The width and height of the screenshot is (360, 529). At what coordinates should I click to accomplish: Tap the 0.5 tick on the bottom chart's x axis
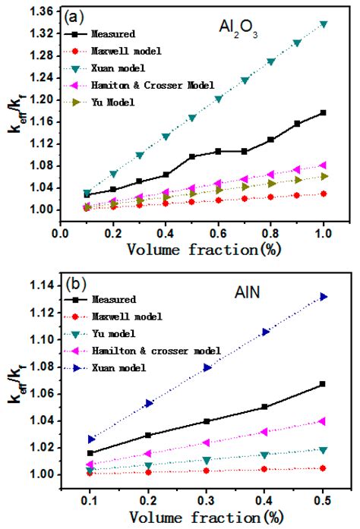(324, 498)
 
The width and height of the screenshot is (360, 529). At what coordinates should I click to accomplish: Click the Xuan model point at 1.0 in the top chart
(324, 24)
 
